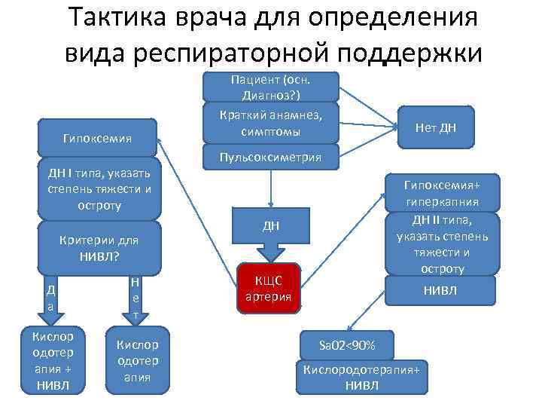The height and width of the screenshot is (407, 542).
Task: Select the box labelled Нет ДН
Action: pos(437,128)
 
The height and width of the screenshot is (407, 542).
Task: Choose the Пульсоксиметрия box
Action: pos(270,158)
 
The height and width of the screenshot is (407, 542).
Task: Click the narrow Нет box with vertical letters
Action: pos(134,298)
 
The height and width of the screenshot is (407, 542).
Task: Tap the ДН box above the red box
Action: pos(270,227)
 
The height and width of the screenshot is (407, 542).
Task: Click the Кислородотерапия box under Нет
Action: pos(137,360)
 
